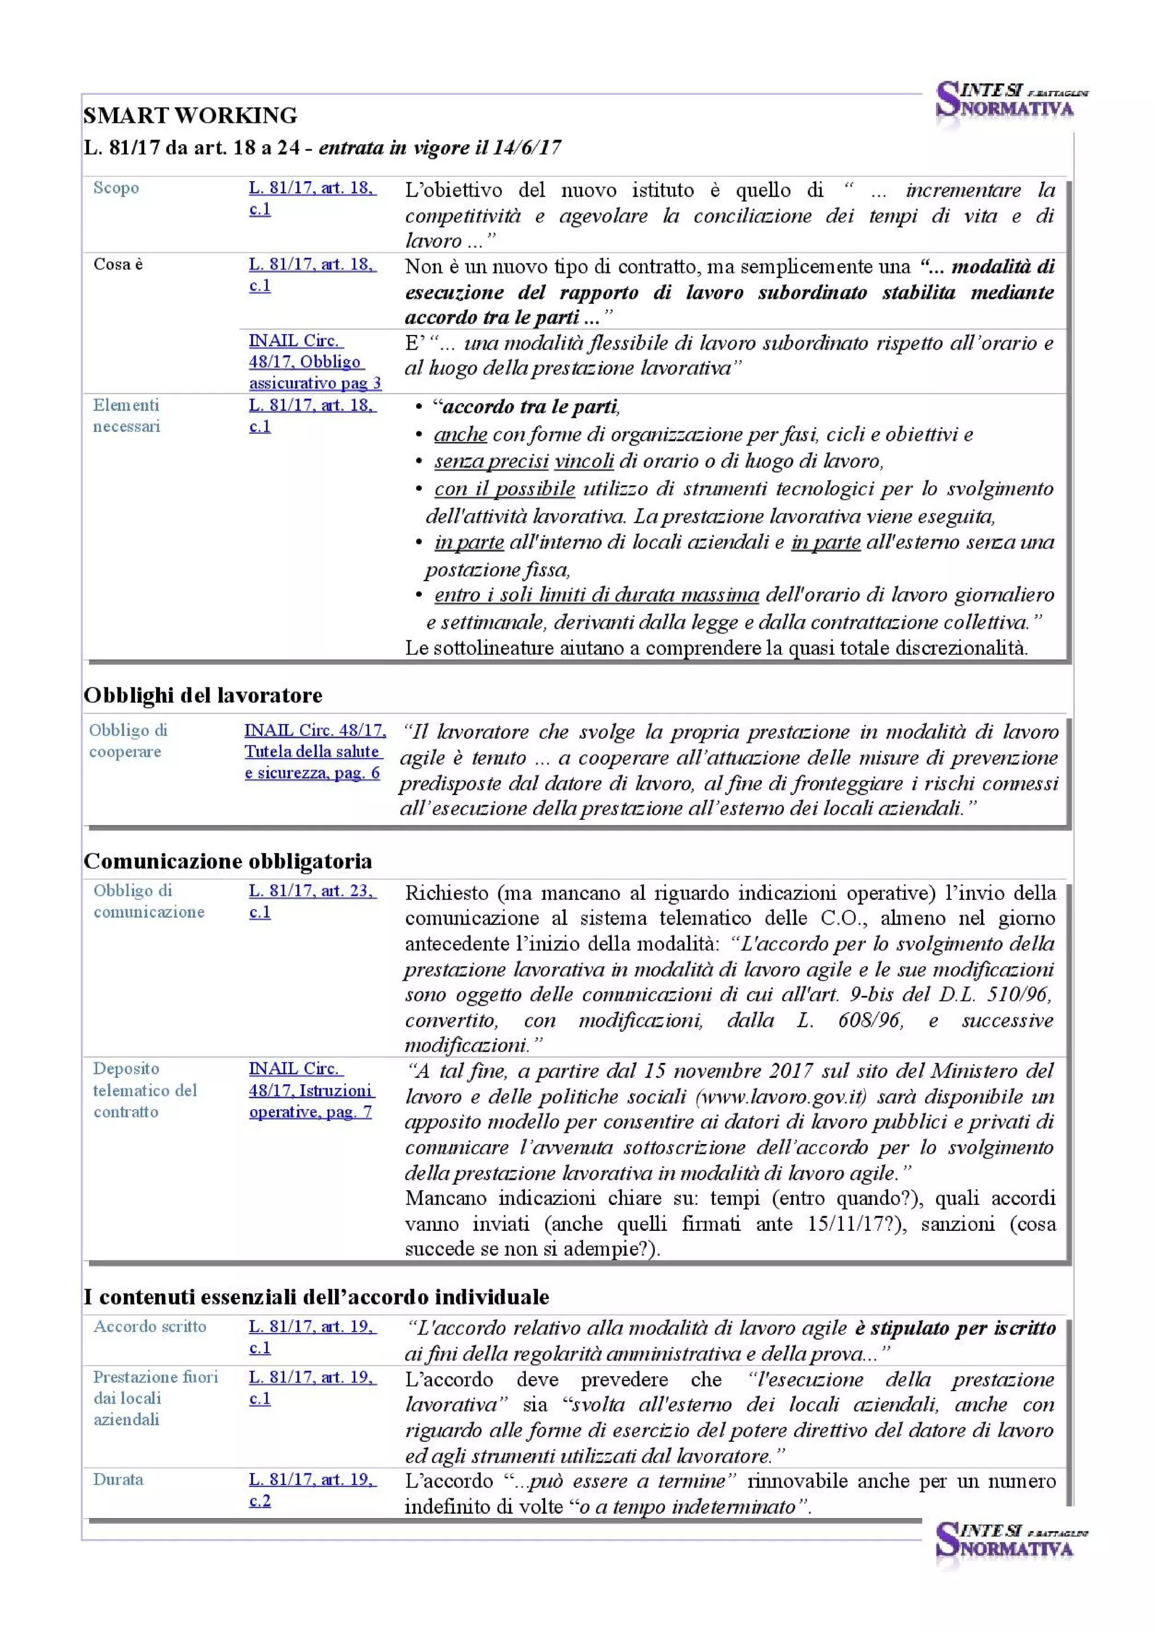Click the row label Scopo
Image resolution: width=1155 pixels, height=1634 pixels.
[x=116, y=188]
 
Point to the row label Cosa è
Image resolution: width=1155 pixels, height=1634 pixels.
[x=118, y=264]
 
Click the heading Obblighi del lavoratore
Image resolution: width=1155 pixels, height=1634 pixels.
[x=203, y=695]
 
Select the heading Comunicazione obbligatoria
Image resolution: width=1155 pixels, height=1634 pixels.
[x=228, y=861]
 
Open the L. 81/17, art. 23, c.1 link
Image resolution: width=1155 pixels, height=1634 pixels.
[x=312, y=901]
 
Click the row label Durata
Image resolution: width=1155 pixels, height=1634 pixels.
[x=118, y=1480]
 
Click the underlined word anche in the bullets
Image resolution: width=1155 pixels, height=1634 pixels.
[x=460, y=434]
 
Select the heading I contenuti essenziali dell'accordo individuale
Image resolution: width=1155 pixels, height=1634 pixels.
[x=316, y=1297]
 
